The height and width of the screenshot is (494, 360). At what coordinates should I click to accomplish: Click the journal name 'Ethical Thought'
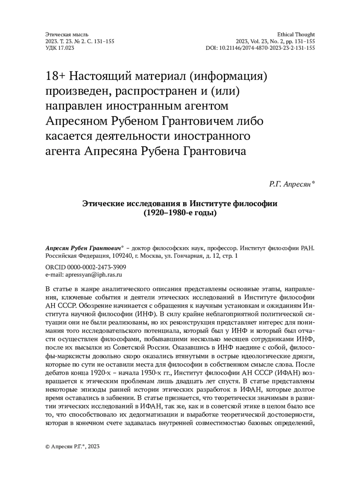click(296, 35)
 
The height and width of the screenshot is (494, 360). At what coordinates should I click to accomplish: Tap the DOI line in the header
click(260, 48)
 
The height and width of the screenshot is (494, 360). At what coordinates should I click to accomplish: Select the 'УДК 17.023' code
click(60, 48)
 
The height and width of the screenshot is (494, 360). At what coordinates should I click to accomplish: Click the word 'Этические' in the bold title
click(103, 204)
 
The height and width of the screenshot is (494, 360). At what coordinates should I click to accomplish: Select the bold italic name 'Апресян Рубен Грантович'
click(83, 249)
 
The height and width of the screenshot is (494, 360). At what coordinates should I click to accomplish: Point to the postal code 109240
click(122, 256)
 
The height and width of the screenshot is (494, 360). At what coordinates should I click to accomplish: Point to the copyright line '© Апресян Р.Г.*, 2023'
click(72, 446)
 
